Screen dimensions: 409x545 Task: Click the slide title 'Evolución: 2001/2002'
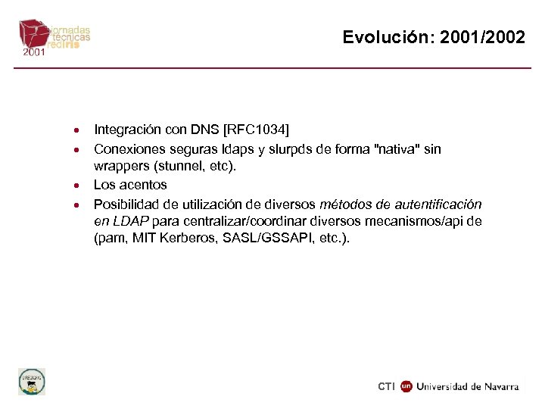pos(433,37)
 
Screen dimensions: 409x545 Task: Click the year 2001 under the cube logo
pos(34,53)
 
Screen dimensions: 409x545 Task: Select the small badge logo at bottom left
pos(32,381)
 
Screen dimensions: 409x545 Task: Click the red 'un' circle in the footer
pos(406,386)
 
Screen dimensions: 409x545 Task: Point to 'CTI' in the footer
pos(387,386)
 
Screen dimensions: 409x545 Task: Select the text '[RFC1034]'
pos(257,130)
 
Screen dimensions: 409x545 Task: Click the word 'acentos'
pos(143,185)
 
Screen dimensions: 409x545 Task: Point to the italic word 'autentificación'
pos(442,204)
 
